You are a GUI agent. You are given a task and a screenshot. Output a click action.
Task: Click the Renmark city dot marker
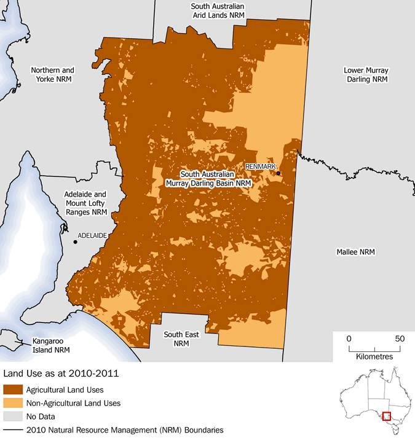pos(279,174)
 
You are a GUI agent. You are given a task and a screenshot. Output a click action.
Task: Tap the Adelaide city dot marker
pos(75,242)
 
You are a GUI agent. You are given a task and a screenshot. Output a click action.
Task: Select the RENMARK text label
pos(261,166)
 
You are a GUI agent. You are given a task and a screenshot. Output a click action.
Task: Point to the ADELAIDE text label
pos(93,235)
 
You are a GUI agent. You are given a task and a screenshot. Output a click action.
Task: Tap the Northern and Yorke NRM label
pos(53,75)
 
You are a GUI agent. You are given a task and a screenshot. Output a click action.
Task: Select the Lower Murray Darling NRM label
pos(366,75)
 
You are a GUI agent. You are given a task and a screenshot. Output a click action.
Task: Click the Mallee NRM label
pos(355,252)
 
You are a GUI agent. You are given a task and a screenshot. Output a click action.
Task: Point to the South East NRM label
pos(181,339)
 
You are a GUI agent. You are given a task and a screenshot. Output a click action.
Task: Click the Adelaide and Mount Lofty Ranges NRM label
pos(85,203)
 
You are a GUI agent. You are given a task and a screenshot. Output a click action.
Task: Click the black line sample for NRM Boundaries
pos(14,430)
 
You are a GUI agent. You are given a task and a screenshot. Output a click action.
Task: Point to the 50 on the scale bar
pos(399,338)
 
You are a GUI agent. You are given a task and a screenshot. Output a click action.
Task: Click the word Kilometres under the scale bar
pos(374,356)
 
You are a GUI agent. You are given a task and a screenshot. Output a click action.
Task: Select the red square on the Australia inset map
pos(387,416)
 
